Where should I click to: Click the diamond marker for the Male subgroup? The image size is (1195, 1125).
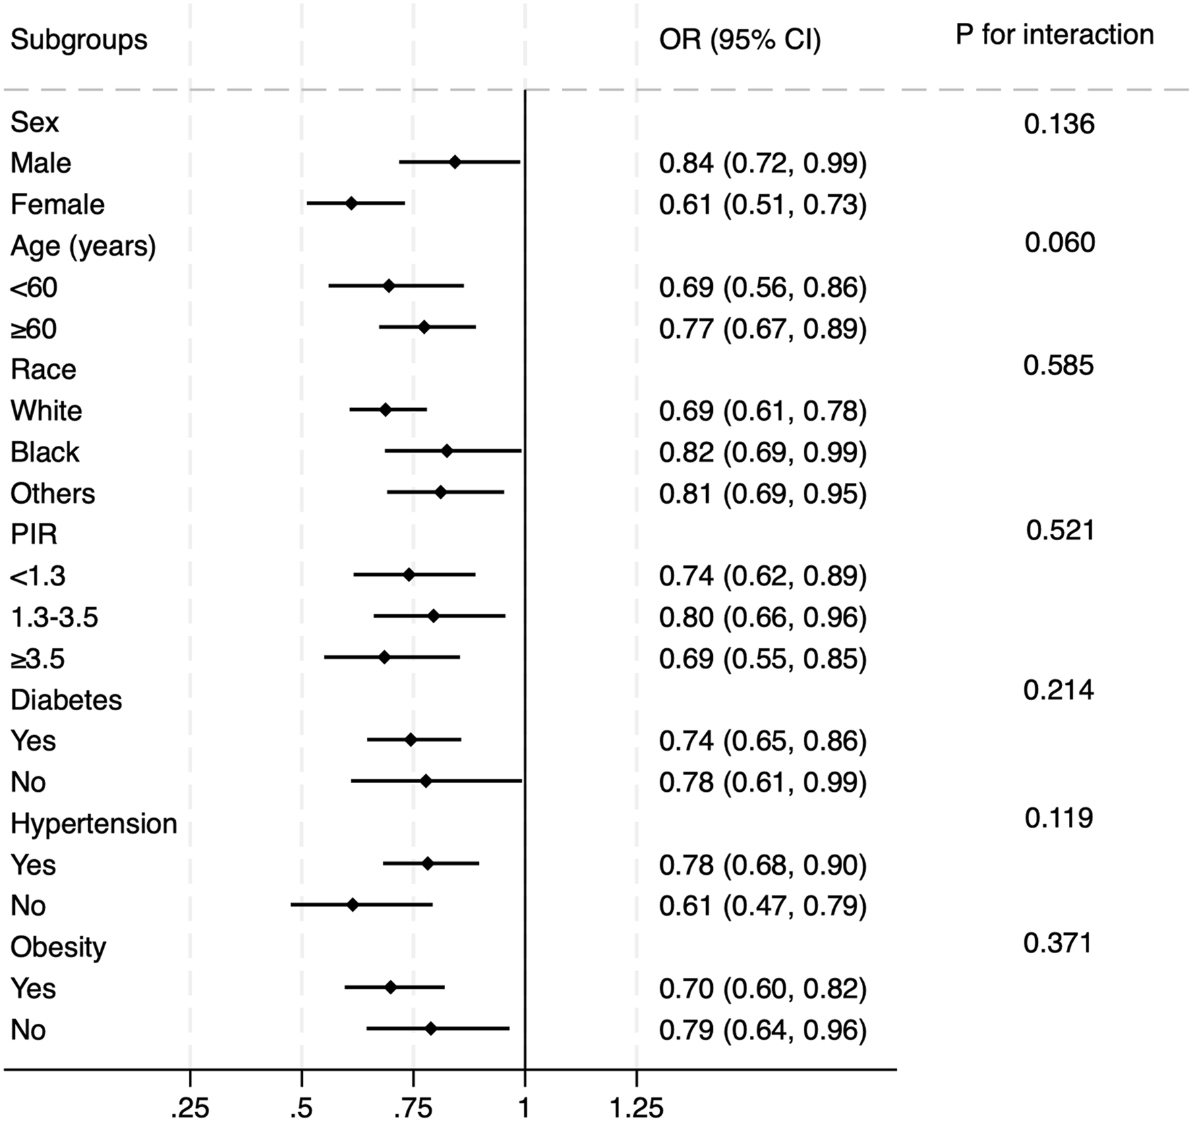[x=455, y=162]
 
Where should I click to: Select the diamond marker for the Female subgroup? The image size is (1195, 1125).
[x=351, y=203]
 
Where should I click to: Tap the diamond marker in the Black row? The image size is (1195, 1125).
[x=446, y=451]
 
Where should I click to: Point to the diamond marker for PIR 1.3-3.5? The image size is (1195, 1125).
[x=434, y=616]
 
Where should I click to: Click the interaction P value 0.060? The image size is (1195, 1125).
[x=1059, y=243]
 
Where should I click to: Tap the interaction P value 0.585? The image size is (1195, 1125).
[x=1058, y=366]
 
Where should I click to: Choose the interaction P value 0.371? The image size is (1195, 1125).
[x=1057, y=943]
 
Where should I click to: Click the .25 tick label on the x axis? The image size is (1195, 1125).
[x=190, y=1109]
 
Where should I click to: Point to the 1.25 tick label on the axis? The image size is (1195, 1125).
[x=636, y=1109]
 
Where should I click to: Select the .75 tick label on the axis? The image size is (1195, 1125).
[x=412, y=1109]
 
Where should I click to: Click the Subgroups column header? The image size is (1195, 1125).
[x=79, y=40]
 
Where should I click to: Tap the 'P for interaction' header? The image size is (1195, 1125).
[x=1054, y=35]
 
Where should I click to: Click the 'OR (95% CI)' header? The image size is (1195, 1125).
[x=740, y=40]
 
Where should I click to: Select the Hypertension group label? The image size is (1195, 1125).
[x=94, y=824]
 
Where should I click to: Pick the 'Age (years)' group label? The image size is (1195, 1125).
[x=83, y=246]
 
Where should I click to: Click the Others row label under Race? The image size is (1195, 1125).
[x=53, y=494]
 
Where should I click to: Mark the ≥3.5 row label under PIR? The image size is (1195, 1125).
[x=38, y=659]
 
